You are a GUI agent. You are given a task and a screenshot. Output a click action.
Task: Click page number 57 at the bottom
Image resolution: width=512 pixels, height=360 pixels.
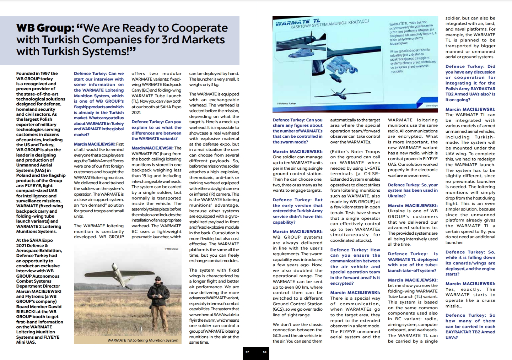(x=247, y=352)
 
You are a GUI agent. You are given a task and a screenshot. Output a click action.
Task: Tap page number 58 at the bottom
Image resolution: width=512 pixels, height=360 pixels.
(x=264, y=352)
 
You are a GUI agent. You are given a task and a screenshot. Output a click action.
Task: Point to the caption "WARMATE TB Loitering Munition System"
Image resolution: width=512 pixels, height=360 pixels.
(x=143, y=340)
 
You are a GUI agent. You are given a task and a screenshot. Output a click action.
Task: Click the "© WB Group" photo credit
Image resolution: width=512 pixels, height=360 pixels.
(x=171, y=249)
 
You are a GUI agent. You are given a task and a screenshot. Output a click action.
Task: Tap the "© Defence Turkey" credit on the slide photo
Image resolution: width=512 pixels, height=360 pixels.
(x=286, y=104)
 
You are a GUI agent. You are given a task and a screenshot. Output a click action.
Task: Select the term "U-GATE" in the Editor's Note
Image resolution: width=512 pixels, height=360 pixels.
(x=370, y=168)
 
